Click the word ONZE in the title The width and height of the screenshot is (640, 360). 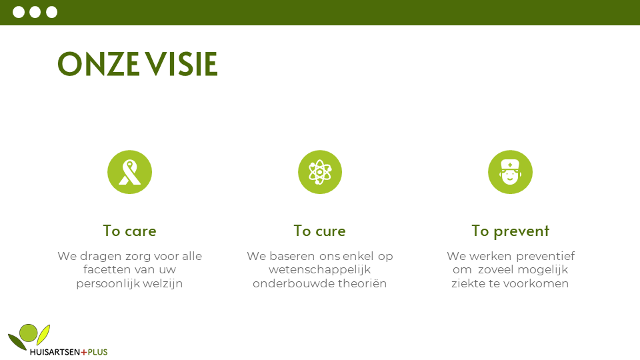click(99, 64)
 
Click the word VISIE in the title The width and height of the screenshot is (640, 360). click(181, 64)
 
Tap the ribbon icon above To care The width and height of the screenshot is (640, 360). click(130, 172)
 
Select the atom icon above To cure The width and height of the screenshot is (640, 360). click(320, 172)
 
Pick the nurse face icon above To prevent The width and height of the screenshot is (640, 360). click(510, 172)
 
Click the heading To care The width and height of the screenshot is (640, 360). click(130, 231)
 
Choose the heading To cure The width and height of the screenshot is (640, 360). click(319, 231)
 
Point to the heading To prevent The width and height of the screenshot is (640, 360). click(510, 231)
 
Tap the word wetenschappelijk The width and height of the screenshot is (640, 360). click(319, 270)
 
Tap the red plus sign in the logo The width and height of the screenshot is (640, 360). click(84, 352)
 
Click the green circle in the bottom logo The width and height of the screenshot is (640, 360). click(29, 333)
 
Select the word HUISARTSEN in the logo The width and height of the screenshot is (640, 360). click(55, 352)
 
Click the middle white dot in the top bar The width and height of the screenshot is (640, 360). click(35, 12)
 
